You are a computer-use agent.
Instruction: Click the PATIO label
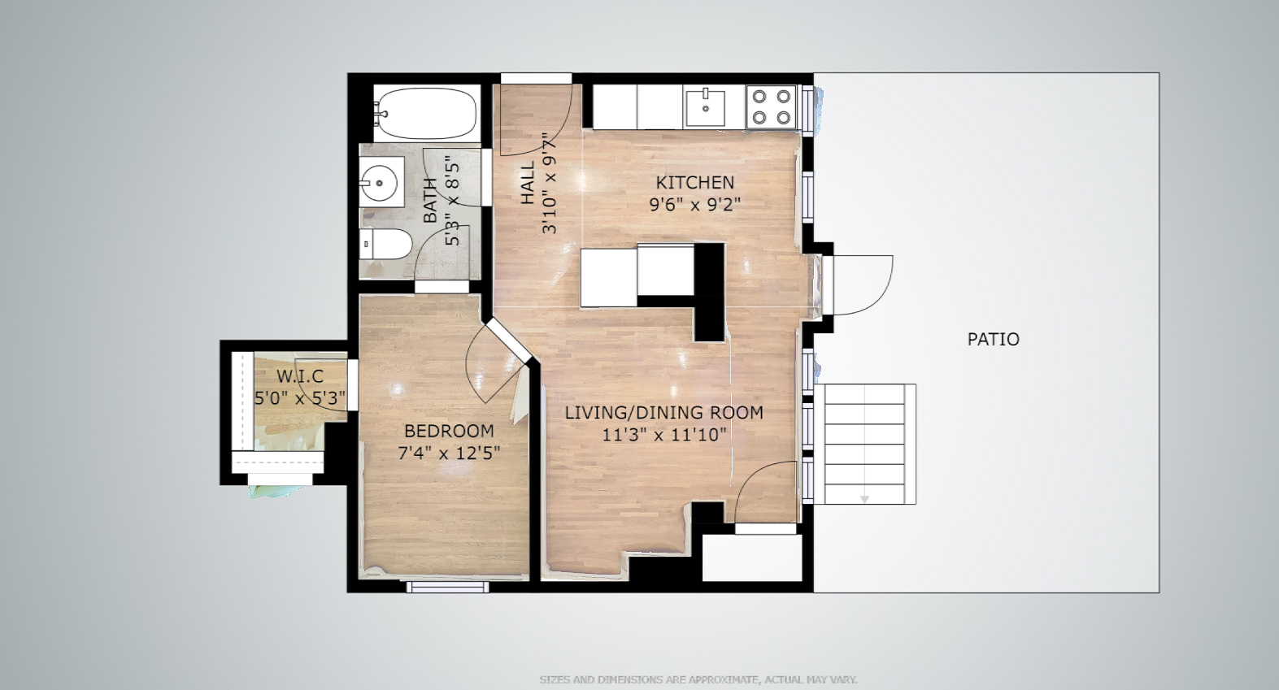click(993, 339)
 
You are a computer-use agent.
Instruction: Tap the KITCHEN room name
click(695, 183)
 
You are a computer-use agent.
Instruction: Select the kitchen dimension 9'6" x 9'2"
click(695, 205)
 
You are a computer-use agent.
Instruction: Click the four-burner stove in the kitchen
click(771, 106)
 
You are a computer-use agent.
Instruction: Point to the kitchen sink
click(705, 107)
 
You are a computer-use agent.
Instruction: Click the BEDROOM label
click(449, 431)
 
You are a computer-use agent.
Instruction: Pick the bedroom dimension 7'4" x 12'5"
click(449, 453)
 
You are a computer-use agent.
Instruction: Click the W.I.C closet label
click(300, 376)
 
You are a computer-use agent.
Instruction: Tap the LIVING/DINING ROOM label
click(663, 412)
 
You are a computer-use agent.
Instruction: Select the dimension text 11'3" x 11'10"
click(663, 435)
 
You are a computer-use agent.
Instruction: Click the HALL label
click(528, 182)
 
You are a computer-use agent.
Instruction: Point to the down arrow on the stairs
click(864, 499)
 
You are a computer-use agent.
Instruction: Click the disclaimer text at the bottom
click(698, 679)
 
